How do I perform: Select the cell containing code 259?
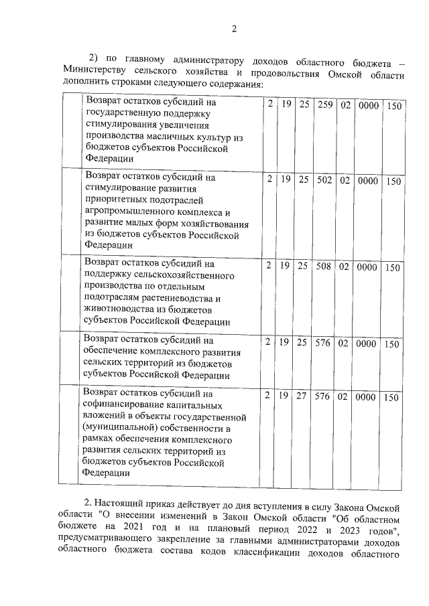(x=325, y=105)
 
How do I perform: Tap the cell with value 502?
(x=325, y=179)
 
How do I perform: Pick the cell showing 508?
(x=325, y=267)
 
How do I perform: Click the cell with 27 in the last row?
(x=303, y=396)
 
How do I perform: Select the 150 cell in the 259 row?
(x=393, y=106)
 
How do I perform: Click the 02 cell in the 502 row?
(x=345, y=179)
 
